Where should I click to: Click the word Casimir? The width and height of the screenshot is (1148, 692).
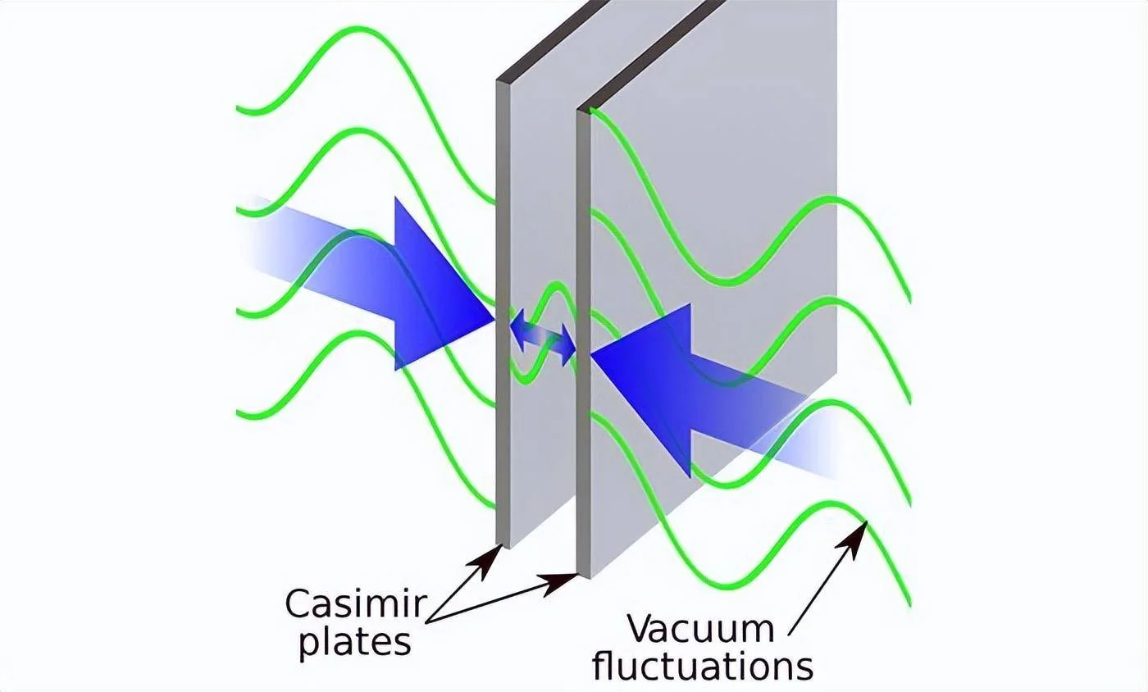point(355,605)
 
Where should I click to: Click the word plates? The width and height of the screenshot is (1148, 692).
point(354,644)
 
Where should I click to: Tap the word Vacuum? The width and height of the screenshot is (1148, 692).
point(700,630)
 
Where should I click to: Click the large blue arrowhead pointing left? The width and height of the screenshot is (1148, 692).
point(641,389)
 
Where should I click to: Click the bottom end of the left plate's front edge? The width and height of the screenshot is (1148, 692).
point(503,546)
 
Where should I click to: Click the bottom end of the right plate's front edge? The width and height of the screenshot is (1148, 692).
point(583,576)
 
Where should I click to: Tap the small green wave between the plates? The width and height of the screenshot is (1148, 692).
point(543,333)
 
